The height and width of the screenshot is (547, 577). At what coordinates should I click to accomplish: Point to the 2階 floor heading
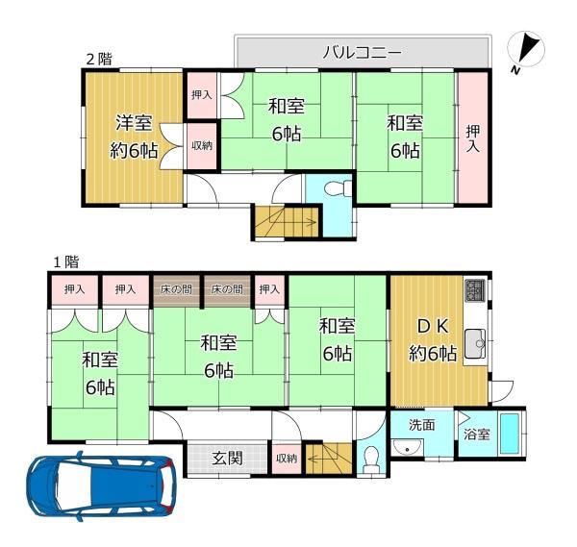(x=99, y=59)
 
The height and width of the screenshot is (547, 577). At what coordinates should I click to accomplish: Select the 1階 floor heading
(x=65, y=261)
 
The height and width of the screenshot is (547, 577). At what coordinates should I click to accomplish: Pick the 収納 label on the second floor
(x=202, y=146)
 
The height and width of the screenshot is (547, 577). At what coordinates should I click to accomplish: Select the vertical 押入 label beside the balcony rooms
(x=471, y=137)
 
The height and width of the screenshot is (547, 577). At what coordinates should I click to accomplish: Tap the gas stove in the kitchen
(x=475, y=289)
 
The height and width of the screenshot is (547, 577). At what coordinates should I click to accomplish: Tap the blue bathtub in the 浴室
(x=511, y=435)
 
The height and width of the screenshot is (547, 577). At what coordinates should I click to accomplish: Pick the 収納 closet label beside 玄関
(x=287, y=459)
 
